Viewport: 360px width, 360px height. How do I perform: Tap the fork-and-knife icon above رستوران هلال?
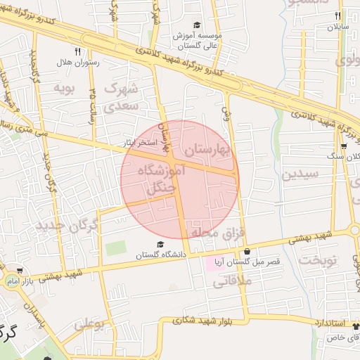tap(77, 51)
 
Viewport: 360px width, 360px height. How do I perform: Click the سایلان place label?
tap(337, 27)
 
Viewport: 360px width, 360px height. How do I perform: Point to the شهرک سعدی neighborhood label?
tap(122, 98)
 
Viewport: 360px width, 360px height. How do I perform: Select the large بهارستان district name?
tap(207, 150)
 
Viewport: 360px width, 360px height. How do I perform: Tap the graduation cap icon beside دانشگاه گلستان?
tap(160, 245)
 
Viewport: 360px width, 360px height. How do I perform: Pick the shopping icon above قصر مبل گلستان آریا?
tap(247, 252)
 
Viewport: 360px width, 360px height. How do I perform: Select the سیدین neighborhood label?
tap(300, 174)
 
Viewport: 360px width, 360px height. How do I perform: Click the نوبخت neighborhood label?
tap(318, 259)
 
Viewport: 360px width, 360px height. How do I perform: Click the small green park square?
tap(116, 248)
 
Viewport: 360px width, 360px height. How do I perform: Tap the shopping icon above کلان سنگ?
tap(344, 147)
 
